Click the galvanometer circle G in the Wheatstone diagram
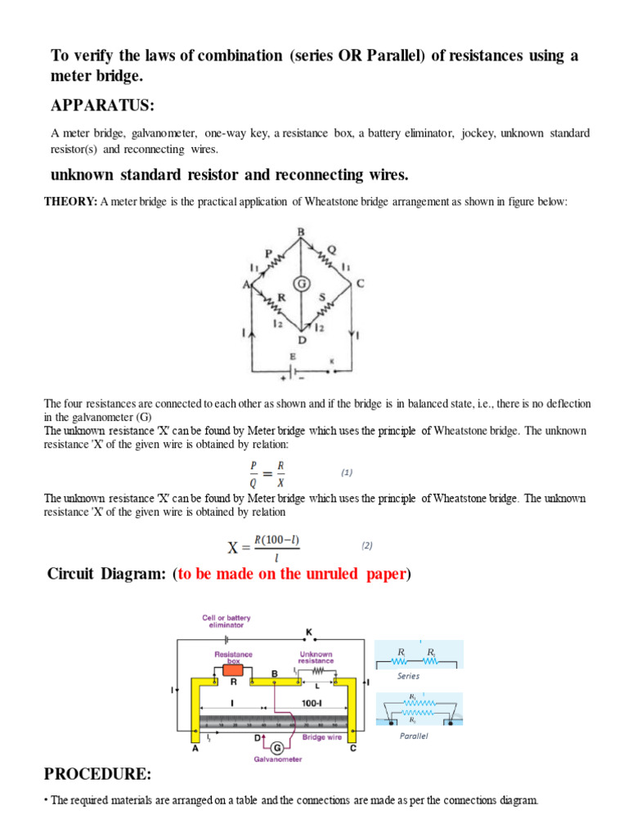tap(301, 284)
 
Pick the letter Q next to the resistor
tap(331, 250)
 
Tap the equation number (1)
tap(346, 472)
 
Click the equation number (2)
tap(367, 545)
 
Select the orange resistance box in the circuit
tap(234, 670)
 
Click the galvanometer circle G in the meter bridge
tap(276, 746)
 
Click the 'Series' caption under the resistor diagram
tap(408, 676)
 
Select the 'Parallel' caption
tap(414, 736)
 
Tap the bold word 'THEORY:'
tap(70, 202)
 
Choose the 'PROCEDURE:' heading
tap(97, 773)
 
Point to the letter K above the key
tap(309, 632)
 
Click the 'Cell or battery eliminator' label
tap(227, 622)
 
